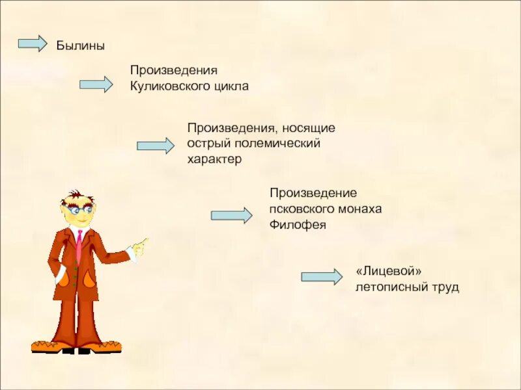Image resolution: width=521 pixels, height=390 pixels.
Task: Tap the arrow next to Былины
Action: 33,44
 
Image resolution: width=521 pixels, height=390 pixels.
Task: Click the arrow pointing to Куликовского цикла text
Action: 96,84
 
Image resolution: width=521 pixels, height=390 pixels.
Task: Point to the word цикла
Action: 231,86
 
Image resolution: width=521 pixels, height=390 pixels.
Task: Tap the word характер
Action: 214,159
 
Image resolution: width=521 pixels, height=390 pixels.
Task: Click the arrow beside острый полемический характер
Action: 155,146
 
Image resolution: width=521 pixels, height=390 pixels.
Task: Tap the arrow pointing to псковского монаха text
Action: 231,216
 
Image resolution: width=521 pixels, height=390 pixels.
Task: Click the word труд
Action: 446,286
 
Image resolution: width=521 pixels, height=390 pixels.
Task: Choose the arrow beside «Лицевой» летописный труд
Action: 321,277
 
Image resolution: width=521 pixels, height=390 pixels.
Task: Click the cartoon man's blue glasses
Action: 79,211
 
